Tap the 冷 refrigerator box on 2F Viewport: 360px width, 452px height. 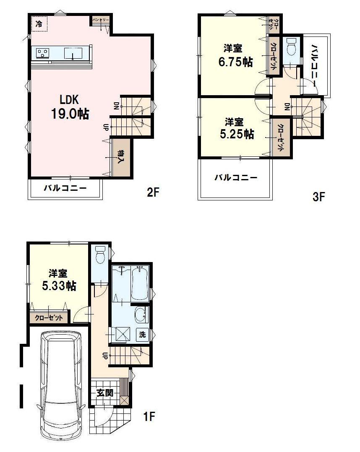(x=39, y=24)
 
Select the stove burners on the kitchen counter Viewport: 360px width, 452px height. (x=42, y=53)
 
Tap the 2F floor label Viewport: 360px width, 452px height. (x=153, y=192)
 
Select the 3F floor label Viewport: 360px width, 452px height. (x=319, y=197)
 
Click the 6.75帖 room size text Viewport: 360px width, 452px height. (x=235, y=62)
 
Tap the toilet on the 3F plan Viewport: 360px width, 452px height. (x=290, y=48)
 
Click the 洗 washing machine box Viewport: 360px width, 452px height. (x=143, y=335)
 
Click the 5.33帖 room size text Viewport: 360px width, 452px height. (x=59, y=286)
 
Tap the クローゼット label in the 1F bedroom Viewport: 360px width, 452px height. (x=49, y=318)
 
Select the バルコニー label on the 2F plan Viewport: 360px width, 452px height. (x=65, y=188)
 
